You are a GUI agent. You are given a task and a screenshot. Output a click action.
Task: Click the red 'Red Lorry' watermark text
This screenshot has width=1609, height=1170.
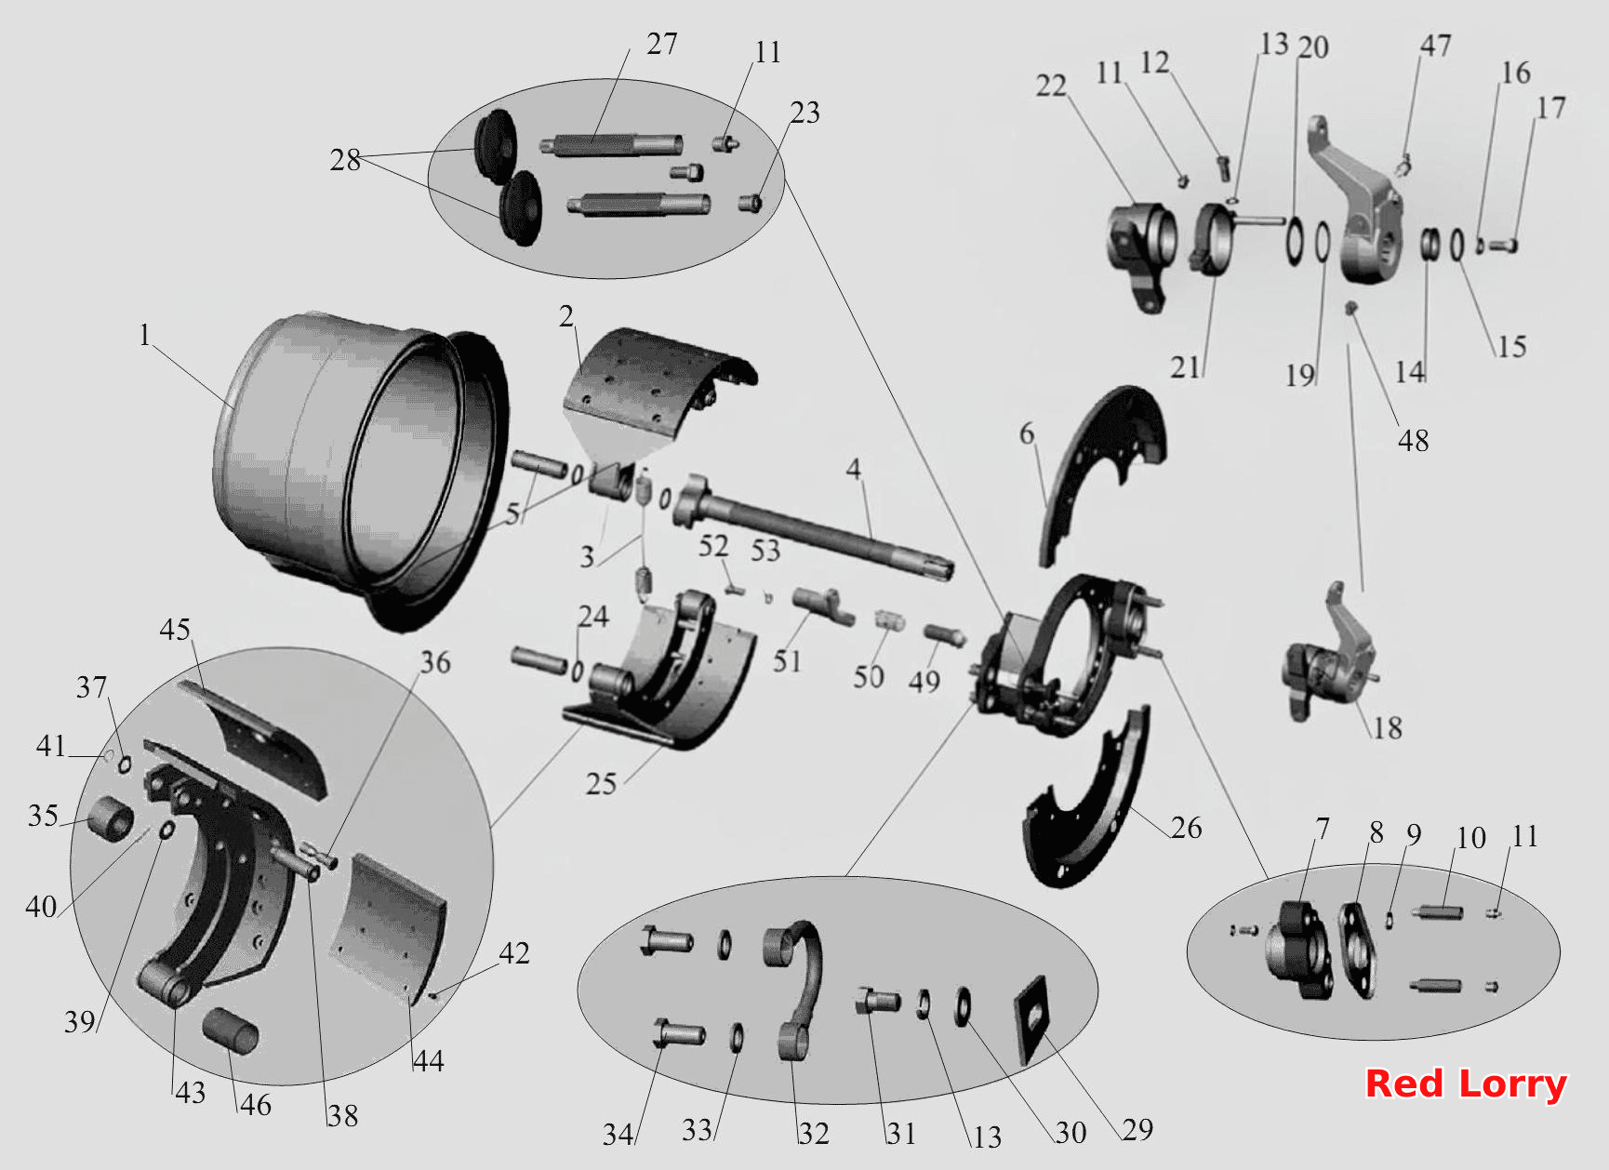1466,1084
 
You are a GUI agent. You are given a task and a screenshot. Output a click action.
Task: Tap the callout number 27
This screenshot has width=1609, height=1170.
662,44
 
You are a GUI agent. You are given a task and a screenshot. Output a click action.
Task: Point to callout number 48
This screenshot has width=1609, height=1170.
1413,440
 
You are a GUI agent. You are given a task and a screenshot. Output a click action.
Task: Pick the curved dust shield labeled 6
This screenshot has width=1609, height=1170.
1102,470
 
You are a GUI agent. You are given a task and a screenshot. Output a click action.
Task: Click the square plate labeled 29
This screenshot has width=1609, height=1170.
1031,1019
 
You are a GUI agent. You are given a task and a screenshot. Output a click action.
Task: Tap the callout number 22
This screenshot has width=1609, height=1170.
1051,86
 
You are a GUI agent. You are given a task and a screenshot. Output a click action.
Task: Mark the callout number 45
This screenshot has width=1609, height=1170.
175,630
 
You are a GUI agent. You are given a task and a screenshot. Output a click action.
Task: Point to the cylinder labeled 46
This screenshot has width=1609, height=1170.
231,1030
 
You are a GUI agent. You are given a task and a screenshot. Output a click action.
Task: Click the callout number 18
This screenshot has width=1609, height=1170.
1388,727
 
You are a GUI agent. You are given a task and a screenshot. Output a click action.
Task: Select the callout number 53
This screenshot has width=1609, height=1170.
765,551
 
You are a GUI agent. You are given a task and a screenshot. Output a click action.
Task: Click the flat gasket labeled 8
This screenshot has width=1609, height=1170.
1357,950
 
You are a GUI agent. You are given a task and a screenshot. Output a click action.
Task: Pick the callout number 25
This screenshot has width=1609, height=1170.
601,784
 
